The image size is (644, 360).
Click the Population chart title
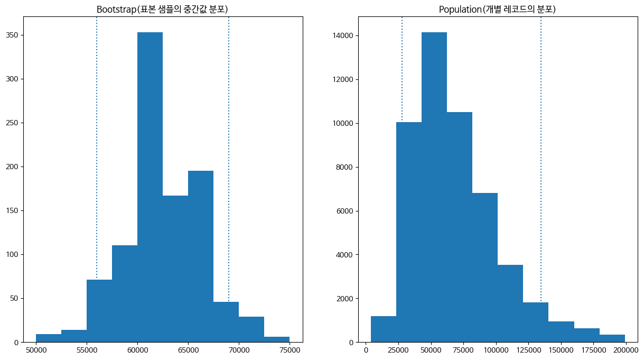click(x=497, y=10)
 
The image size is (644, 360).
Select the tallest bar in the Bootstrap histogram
click(x=150, y=185)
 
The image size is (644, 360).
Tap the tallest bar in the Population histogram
click(x=434, y=185)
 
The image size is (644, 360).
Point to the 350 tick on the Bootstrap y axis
click(x=14, y=35)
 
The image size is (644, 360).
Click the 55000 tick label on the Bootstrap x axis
click(x=87, y=349)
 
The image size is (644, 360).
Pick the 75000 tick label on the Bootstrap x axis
click(x=290, y=349)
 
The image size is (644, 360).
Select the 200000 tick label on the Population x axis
click(x=626, y=349)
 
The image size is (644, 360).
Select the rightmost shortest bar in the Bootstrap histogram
click(x=277, y=339)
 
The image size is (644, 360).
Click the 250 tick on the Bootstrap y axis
click(x=14, y=123)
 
